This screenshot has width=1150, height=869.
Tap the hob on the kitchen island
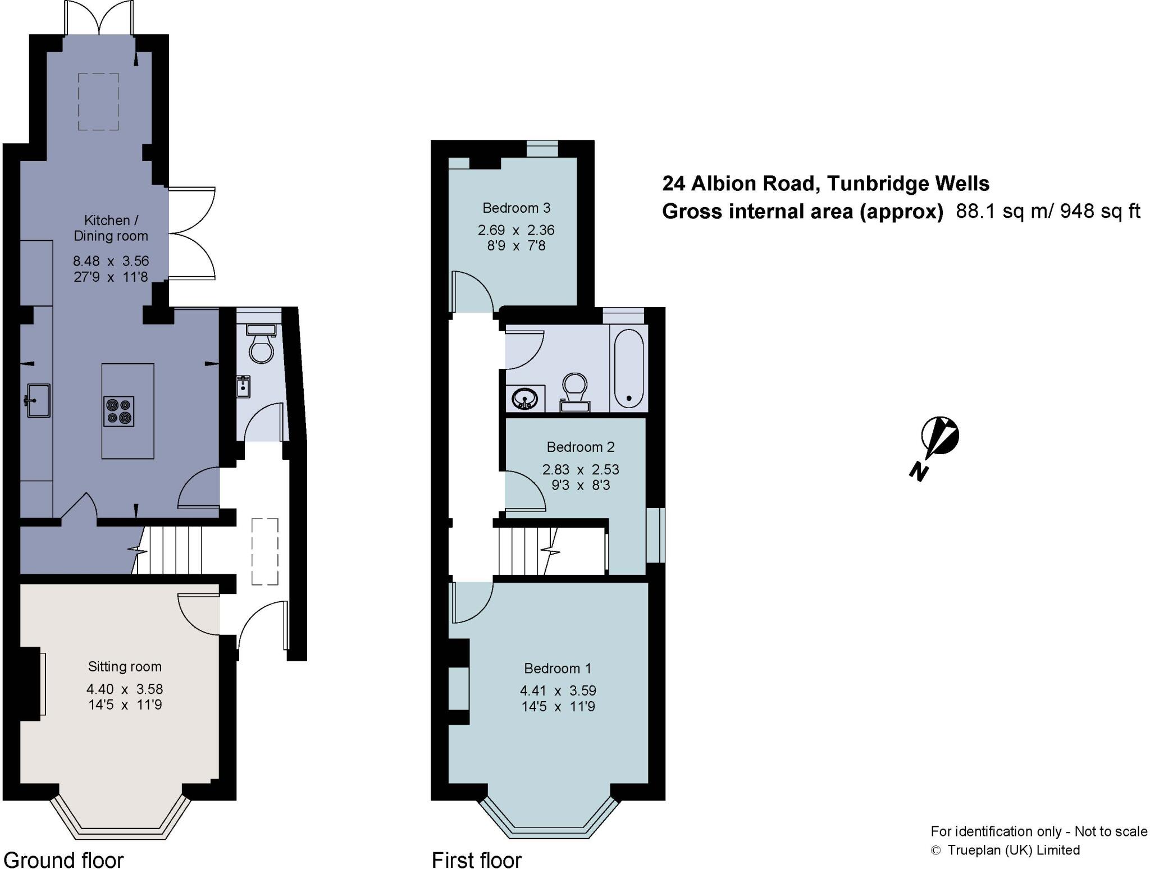click(x=119, y=411)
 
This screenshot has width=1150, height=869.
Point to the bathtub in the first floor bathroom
click(x=628, y=368)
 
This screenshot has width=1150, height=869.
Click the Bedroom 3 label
click(x=516, y=208)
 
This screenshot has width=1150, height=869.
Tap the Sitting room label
click(x=125, y=667)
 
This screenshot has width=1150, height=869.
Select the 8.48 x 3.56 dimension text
click(x=111, y=261)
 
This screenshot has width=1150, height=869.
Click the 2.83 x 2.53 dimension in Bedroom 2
click(x=580, y=469)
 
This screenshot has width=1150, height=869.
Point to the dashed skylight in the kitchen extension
click(x=98, y=102)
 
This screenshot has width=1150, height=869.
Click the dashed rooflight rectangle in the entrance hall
click(x=264, y=551)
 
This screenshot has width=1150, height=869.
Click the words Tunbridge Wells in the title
click(x=908, y=184)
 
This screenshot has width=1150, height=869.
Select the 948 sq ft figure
click(x=1100, y=211)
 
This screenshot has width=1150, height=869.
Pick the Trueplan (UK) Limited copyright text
click(x=1013, y=850)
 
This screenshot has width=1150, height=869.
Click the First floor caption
click(x=476, y=860)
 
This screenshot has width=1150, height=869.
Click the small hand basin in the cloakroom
click(x=243, y=386)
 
